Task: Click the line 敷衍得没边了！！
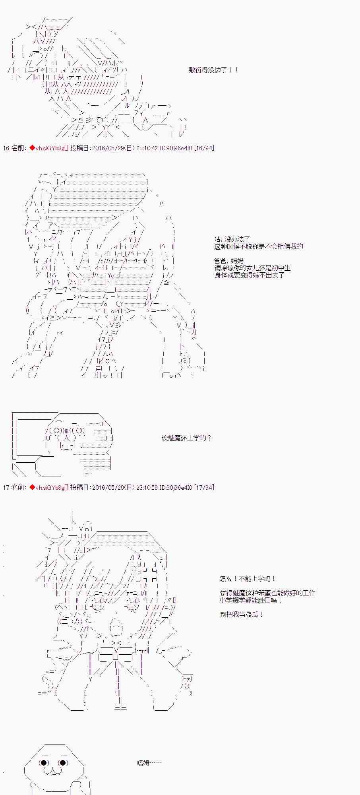click(x=214, y=70)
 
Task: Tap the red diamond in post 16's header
click(x=32, y=148)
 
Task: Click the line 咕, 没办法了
click(x=232, y=239)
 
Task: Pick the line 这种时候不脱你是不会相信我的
click(x=259, y=246)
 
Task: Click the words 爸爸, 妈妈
click(x=229, y=261)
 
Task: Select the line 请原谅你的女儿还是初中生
click(x=253, y=268)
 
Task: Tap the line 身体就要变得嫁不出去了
click(x=250, y=275)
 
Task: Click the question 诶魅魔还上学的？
click(x=187, y=438)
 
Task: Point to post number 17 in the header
click(x=6, y=487)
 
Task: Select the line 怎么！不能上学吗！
click(x=248, y=579)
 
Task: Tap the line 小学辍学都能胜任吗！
click(x=251, y=600)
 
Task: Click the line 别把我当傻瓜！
click(x=241, y=615)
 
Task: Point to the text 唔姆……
click(x=149, y=763)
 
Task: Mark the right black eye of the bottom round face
click(x=63, y=763)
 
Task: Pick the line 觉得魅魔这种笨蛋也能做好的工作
click(x=267, y=593)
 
